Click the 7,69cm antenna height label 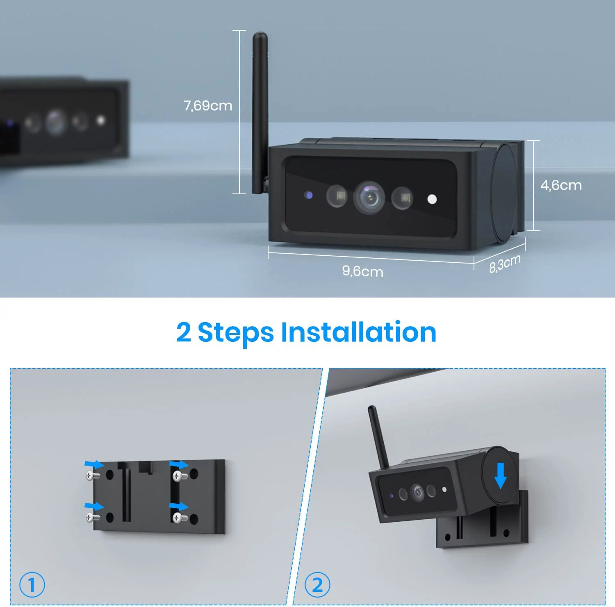click(x=208, y=106)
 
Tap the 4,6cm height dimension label click(x=561, y=185)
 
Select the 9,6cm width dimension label click(x=362, y=271)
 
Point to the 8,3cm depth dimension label click(x=505, y=263)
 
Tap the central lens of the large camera click(x=369, y=198)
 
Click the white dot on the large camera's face click(x=432, y=199)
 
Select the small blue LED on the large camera click(x=309, y=195)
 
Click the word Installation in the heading click(x=358, y=332)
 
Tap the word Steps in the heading click(x=236, y=332)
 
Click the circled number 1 click(x=32, y=584)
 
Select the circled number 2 click(x=317, y=584)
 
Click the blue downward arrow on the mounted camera click(x=500, y=475)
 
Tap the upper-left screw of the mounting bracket click(x=92, y=475)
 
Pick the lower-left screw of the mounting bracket click(x=92, y=517)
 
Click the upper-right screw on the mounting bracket click(x=179, y=476)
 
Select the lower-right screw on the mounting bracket click(x=179, y=518)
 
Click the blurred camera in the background click(x=64, y=121)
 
